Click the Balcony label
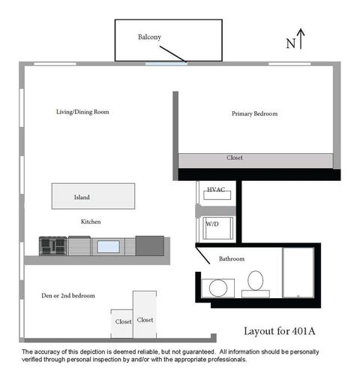click(x=149, y=37)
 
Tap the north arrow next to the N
click(x=301, y=39)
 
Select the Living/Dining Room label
click(x=82, y=112)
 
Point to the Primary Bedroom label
click(x=254, y=113)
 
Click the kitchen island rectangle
click(x=93, y=196)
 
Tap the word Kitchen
click(x=91, y=222)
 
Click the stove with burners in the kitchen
click(x=53, y=246)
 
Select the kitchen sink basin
click(x=108, y=246)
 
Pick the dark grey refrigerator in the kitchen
click(x=150, y=246)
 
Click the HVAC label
click(x=216, y=189)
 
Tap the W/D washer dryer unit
click(x=218, y=228)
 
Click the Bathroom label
click(x=232, y=258)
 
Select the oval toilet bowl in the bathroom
click(x=255, y=280)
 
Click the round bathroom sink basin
click(x=218, y=288)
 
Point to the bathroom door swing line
click(x=202, y=255)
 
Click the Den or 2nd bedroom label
click(x=68, y=296)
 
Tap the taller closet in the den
click(x=145, y=315)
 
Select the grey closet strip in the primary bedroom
click(x=256, y=161)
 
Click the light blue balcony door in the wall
click(x=166, y=64)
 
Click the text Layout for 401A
click(x=280, y=331)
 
